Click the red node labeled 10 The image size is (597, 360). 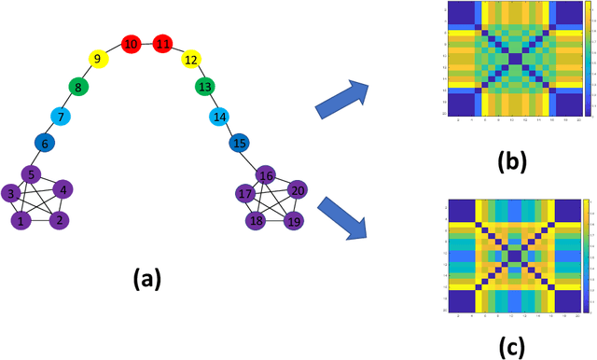coord(132,44)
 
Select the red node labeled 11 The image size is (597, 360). coord(164,44)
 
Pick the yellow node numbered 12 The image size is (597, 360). coord(191,61)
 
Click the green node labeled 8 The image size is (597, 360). coord(79,88)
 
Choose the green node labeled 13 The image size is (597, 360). coord(204,87)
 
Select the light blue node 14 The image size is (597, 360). coord(220,117)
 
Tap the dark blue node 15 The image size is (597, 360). coord(240,144)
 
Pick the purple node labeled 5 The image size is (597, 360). coord(31,173)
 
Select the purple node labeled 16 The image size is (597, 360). coord(266,175)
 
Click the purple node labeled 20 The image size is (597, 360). coord(298,191)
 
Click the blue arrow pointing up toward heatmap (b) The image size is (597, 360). coord(342,99)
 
